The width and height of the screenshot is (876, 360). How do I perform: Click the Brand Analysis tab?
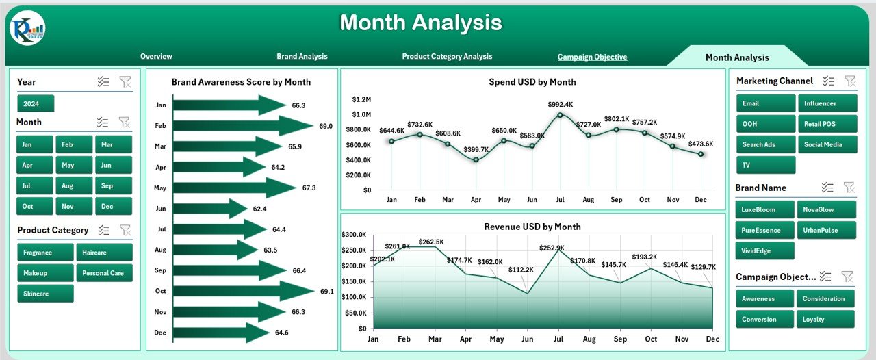coord(302,57)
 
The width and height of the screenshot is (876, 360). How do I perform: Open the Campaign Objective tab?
coord(592,57)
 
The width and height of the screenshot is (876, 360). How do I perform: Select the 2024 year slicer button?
coord(36,104)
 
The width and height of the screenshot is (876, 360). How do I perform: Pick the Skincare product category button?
coord(45,294)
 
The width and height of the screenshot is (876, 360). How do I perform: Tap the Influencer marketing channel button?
coord(827,103)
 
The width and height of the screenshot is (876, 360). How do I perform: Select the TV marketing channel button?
coord(766,165)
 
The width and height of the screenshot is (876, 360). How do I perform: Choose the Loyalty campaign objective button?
coord(825,319)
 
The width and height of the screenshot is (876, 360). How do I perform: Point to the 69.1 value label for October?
coord(327,292)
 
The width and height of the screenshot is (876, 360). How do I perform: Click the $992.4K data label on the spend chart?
coord(561,104)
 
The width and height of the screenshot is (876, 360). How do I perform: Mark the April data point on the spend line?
coord(476,159)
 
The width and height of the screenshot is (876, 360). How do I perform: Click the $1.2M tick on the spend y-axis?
coord(361,99)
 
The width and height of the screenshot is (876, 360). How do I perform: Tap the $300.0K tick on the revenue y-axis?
coord(355,235)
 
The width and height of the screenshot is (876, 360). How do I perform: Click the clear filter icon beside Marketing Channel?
coord(850,81)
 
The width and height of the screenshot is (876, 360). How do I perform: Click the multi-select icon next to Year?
coord(103,82)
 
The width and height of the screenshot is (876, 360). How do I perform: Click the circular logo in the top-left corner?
coord(27,28)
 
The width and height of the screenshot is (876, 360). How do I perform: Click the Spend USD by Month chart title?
coord(532,82)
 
